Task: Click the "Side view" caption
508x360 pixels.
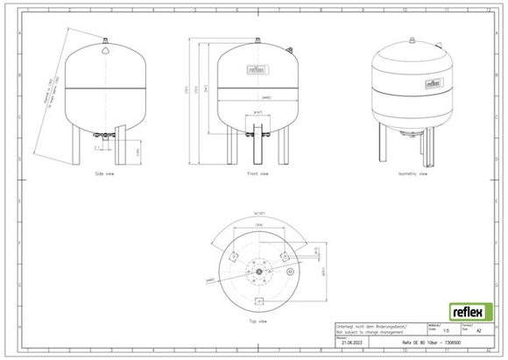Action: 104,174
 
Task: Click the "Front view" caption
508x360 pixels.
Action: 258,174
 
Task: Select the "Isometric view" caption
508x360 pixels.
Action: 412,174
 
